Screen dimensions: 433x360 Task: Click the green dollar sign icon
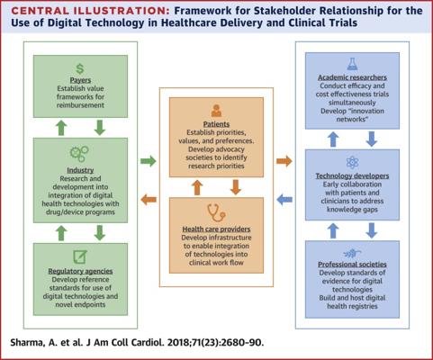[80, 68]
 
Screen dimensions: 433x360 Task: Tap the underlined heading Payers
[80, 80]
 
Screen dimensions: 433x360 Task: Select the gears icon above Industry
[79, 153]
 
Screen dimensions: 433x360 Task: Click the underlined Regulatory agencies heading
[80, 271]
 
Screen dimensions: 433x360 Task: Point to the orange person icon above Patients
[216, 111]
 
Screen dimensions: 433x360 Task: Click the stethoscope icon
[216, 212]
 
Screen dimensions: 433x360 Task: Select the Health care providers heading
[216, 229]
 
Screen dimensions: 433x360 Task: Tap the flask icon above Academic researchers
[352, 64]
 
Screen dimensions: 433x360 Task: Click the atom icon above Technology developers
[352, 162]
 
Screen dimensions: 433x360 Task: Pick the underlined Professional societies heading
[352, 265]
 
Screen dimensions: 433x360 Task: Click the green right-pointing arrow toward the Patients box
[149, 161]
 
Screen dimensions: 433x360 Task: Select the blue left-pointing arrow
[284, 200]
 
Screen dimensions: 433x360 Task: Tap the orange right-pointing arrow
[284, 161]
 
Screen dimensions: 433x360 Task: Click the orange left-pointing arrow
[149, 200]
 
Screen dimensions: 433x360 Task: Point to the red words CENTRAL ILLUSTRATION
[90, 11]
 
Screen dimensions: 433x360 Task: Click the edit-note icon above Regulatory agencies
[80, 257]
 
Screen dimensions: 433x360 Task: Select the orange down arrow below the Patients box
[236, 187]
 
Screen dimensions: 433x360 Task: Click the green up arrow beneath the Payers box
[61, 128]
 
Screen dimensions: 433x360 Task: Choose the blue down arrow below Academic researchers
[372, 139]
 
